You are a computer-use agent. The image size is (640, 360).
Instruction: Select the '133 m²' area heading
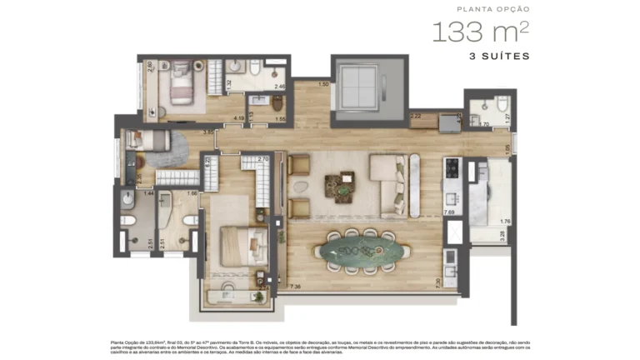480,33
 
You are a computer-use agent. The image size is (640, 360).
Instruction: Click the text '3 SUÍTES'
499,57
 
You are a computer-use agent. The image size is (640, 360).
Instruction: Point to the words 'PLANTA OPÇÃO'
493,9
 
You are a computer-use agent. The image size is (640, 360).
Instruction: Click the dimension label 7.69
449,212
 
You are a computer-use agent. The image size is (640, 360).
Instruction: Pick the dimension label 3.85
209,132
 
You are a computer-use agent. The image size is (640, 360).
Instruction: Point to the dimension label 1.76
504,222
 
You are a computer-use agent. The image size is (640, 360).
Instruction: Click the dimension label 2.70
262,158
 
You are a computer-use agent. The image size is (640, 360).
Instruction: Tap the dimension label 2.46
280,86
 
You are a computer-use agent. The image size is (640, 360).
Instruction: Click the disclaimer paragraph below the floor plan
319,346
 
